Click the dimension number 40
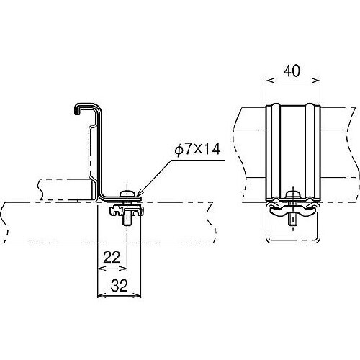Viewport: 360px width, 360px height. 292,71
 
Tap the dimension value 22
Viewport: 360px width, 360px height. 112,258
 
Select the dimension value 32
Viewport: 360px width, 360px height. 120,286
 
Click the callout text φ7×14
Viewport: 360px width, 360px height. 197,150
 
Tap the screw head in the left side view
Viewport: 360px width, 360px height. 127,193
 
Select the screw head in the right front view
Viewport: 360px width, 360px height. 293,194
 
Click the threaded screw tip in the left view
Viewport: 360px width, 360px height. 127,221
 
